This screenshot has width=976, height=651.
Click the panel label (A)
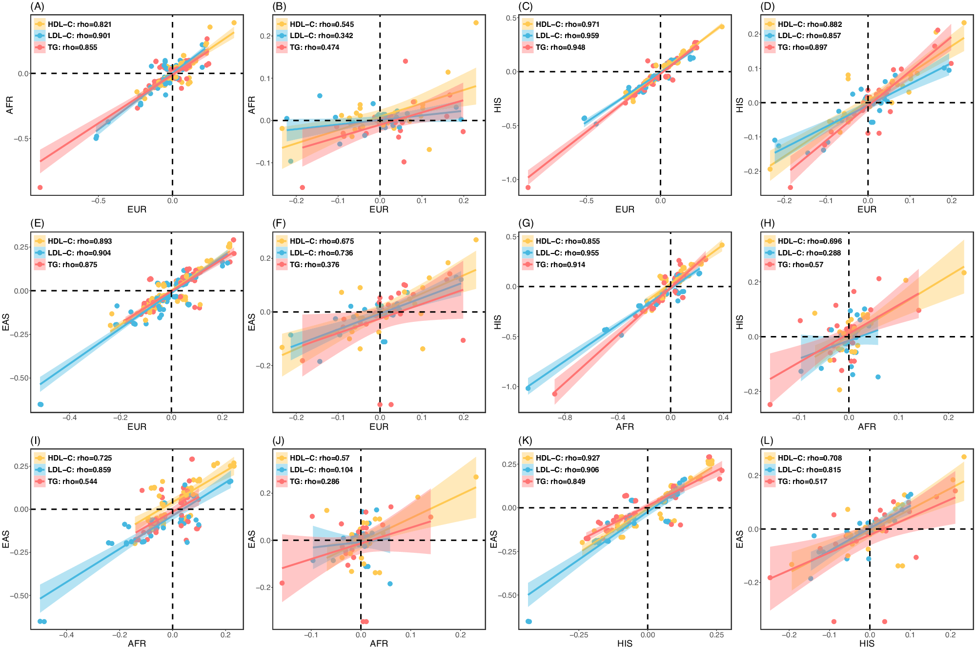click(x=37, y=6)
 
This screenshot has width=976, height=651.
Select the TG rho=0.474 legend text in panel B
click(x=314, y=47)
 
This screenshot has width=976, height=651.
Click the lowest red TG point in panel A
click(x=40, y=188)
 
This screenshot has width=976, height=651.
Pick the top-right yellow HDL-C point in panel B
click(x=476, y=22)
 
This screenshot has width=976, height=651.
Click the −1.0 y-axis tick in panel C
click(x=508, y=180)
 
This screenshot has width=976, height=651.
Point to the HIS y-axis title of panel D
click(x=740, y=105)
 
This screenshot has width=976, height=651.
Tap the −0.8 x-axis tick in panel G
click(x=565, y=418)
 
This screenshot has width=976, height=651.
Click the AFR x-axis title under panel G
click(x=625, y=427)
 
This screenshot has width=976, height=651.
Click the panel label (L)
click(x=767, y=441)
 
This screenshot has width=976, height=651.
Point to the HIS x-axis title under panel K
click(x=625, y=644)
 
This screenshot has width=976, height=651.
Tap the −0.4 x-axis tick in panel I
click(x=66, y=635)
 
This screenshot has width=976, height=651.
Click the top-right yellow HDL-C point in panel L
click(x=964, y=457)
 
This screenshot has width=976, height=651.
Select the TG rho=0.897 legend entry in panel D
click(x=802, y=47)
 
